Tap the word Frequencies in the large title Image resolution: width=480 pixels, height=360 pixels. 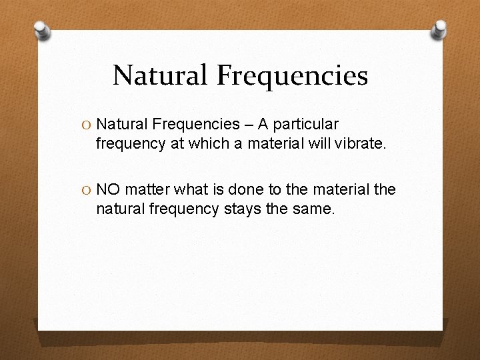[x=291, y=75]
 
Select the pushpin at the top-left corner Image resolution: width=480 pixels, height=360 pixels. [x=42, y=31]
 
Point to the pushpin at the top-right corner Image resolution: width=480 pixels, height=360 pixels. [x=439, y=29]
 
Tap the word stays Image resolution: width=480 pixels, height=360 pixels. [x=241, y=209]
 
